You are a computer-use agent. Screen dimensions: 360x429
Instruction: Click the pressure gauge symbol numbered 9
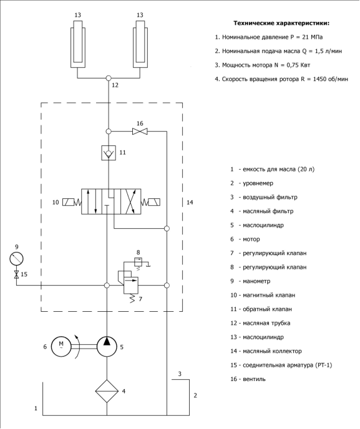pyautogui.click(x=16, y=259)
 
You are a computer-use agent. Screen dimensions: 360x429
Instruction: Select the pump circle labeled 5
pyautogui.click(x=107, y=347)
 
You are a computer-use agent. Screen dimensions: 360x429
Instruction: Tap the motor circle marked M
pyautogui.click(x=61, y=347)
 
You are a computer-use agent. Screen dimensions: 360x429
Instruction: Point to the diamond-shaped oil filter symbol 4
pyautogui.click(x=107, y=391)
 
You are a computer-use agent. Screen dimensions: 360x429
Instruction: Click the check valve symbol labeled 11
pyautogui.click(x=109, y=153)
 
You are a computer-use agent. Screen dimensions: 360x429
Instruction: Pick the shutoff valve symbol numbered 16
pyautogui.click(x=140, y=132)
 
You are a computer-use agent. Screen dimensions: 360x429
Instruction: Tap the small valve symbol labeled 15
pyautogui.click(x=16, y=274)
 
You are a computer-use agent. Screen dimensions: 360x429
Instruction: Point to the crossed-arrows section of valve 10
pyautogui.click(x=131, y=201)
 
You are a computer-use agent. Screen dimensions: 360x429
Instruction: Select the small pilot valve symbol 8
pyautogui.click(x=138, y=261)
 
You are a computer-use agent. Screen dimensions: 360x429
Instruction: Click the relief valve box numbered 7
pyautogui.click(x=131, y=286)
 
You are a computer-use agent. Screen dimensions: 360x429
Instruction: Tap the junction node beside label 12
pyautogui.click(x=109, y=78)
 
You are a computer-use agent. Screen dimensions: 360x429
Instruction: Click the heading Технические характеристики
pyautogui.click(x=281, y=23)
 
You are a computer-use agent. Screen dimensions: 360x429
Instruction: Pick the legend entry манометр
pyautogui.click(x=256, y=281)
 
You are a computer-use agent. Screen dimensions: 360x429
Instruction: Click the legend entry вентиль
pyautogui.click(x=255, y=379)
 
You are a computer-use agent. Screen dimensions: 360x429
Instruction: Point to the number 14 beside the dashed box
pyautogui.click(x=190, y=202)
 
